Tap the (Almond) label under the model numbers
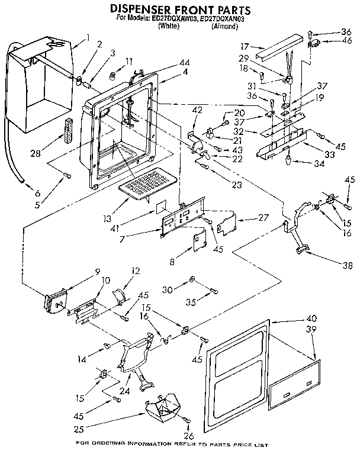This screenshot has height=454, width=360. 224,27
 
